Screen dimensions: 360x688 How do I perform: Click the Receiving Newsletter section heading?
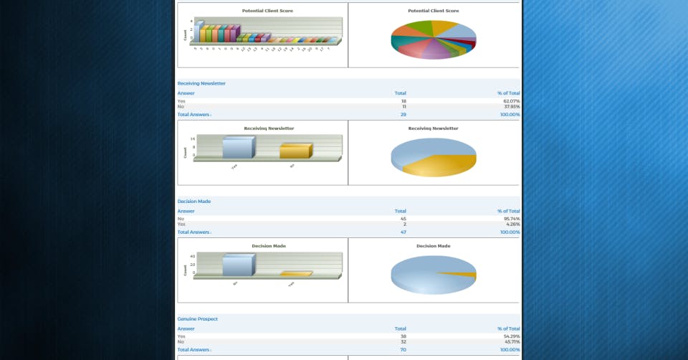(x=201, y=84)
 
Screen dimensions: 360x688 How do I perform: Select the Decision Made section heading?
(x=194, y=202)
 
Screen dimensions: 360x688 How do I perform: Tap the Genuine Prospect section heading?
(x=198, y=319)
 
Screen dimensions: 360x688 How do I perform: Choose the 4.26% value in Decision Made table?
(x=512, y=224)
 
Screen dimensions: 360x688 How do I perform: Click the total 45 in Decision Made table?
(x=403, y=219)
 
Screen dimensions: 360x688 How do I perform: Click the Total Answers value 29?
(x=403, y=115)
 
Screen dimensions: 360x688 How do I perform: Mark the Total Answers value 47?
(x=403, y=232)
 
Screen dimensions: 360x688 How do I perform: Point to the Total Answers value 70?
(x=403, y=350)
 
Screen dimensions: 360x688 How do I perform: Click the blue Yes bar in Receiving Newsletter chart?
(x=237, y=148)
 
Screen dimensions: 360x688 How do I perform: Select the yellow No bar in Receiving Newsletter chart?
(x=294, y=151)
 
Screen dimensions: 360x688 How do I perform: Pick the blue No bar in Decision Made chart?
(x=237, y=265)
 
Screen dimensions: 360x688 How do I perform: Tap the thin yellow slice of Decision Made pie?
(x=467, y=275)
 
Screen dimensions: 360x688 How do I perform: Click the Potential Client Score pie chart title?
(x=434, y=11)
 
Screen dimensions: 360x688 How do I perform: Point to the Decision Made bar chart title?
(x=269, y=246)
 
